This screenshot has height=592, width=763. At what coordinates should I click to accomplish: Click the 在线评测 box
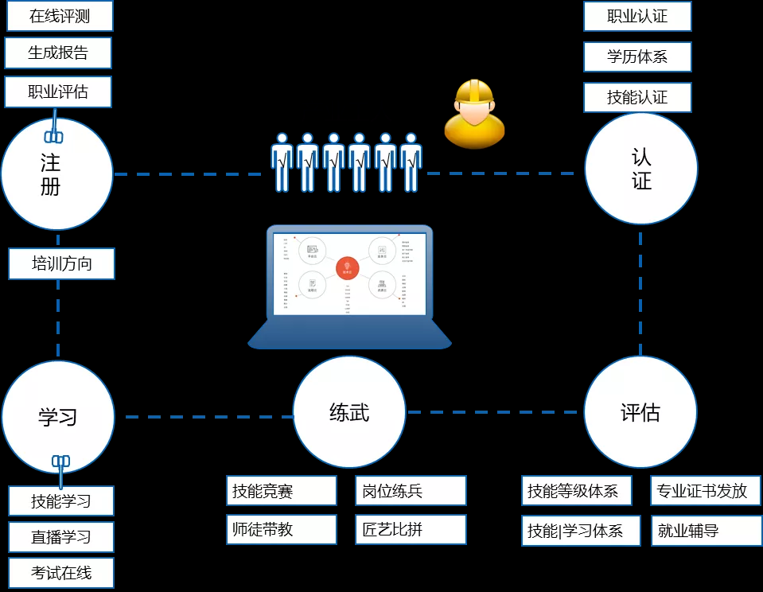click(x=60, y=16)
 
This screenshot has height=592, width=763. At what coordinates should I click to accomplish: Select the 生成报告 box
click(x=58, y=53)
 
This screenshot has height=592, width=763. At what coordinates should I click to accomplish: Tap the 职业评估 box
click(x=58, y=92)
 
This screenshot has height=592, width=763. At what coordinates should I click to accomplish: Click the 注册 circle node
click(x=56, y=174)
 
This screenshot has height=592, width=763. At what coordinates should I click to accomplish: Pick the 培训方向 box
click(x=62, y=264)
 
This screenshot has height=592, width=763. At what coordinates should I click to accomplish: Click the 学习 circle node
click(x=57, y=417)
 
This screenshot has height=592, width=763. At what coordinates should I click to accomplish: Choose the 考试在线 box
click(x=61, y=573)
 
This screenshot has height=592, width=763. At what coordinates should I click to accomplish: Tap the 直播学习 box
click(x=61, y=537)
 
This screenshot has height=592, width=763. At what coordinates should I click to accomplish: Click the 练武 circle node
click(x=349, y=412)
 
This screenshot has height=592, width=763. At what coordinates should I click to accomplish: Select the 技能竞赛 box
click(x=282, y=491)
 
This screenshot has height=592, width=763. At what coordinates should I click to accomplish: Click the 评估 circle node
click(x=640, y=412)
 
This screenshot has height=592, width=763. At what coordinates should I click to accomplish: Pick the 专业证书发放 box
click(x=707, y=491)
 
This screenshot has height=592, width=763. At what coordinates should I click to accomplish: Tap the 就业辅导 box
click(x=707, y=531)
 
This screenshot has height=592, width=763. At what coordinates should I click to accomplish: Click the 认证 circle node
click(x=641, y=169)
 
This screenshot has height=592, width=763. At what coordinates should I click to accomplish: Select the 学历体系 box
click(x=637, y=57)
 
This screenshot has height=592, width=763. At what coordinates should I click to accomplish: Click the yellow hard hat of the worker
click(x=473, y=93)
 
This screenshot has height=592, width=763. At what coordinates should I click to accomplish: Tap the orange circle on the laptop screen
click(x=346, y=267)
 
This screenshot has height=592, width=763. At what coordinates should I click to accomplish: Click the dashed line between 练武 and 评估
click(x=493, y=412)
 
